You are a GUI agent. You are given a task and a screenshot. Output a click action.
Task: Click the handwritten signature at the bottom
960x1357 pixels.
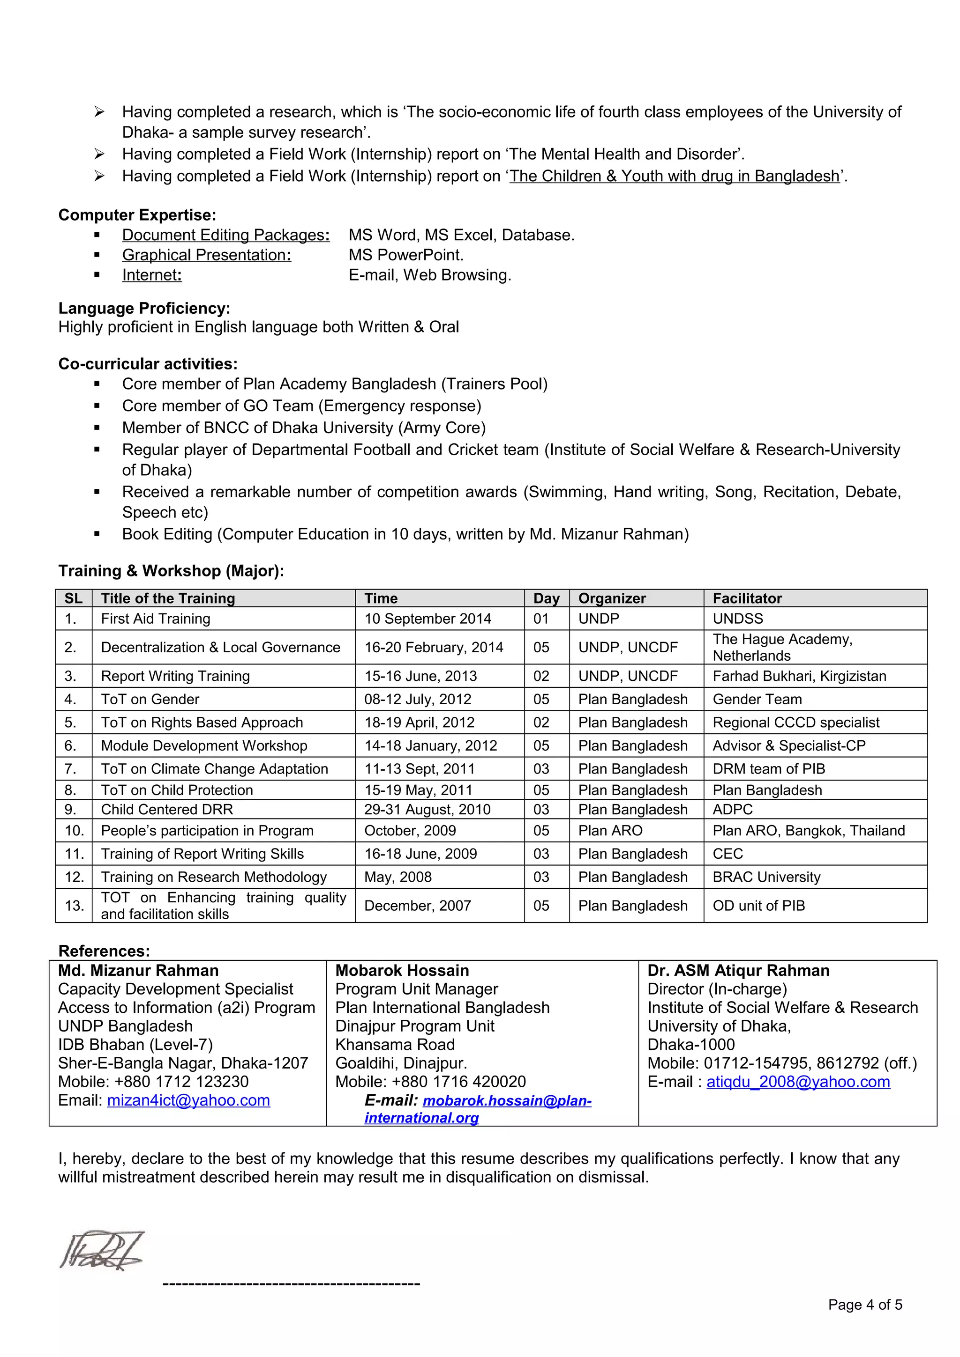coord(102,1251)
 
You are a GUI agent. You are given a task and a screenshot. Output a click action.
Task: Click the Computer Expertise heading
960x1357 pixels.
coord(137,214)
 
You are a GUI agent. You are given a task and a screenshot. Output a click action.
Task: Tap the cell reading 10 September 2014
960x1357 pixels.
coord(427,619)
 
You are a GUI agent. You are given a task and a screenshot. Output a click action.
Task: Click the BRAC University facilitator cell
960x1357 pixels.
coord(766,877)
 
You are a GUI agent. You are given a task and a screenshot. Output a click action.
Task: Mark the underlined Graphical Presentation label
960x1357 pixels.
coord(206,255)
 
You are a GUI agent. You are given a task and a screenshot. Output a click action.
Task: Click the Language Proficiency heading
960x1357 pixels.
coord(144,308)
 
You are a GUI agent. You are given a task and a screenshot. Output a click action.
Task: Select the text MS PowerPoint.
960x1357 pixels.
coord(406,255)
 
